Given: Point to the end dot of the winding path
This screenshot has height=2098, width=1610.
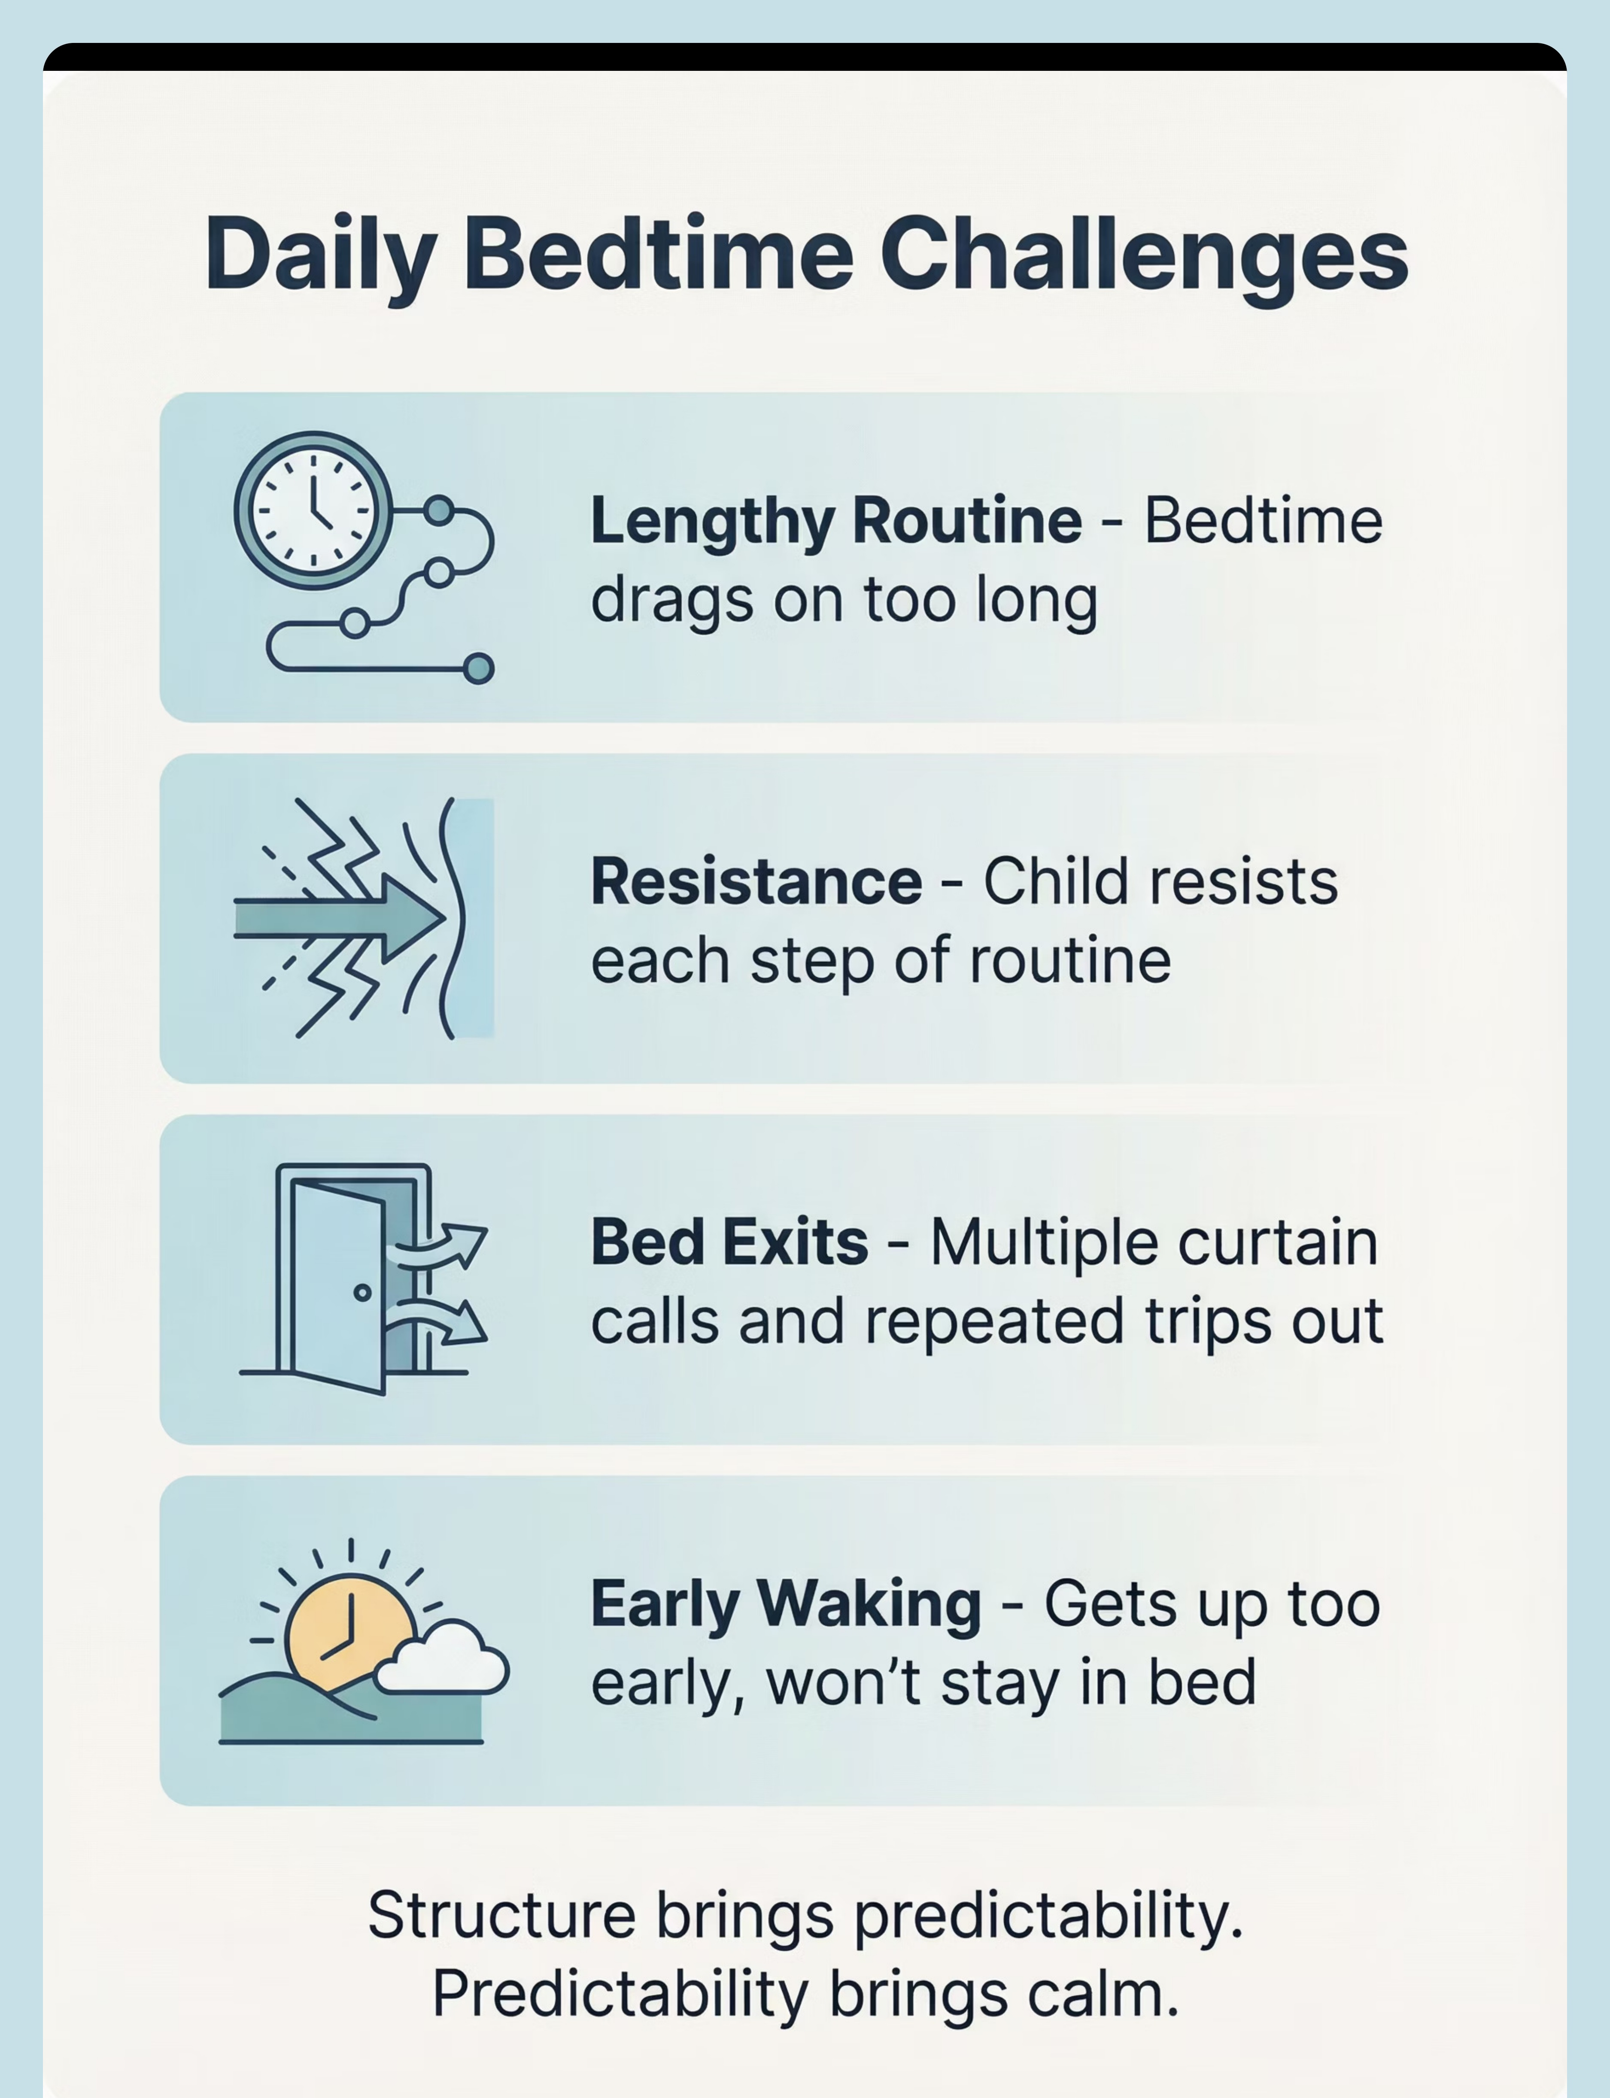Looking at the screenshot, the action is coord(478,668).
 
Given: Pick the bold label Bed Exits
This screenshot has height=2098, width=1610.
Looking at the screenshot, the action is coord(729,1242).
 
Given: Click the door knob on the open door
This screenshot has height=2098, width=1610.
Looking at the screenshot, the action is coord(362,1292).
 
